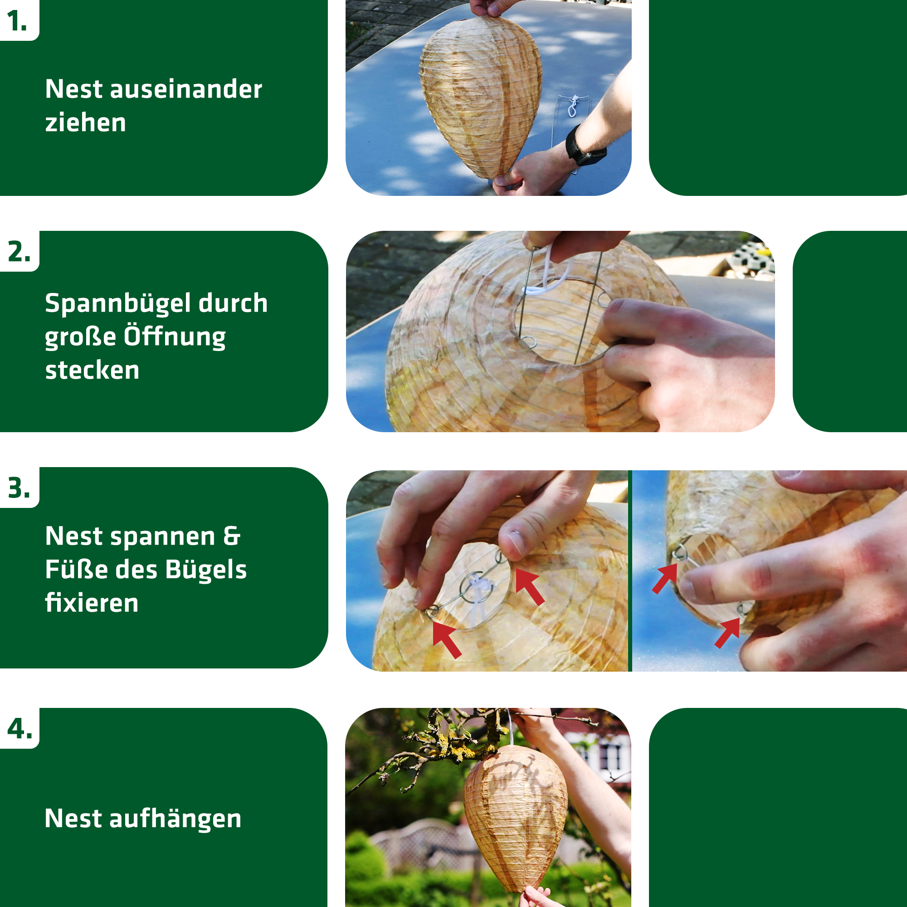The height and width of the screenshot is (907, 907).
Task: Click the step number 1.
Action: coord(16,22)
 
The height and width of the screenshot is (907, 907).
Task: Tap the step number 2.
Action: coord(19,252)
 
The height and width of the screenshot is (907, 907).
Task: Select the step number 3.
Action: coord(19,488)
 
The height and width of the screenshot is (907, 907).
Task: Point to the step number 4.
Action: coord(20,729)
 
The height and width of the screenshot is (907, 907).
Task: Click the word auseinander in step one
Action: coord(186,89)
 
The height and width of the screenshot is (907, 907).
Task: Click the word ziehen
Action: coord(85,123)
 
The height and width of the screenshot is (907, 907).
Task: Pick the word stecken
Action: coord(92,371)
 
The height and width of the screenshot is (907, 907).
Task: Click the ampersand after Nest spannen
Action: coord(231,536)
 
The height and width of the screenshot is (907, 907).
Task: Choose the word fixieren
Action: coord(92,603)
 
